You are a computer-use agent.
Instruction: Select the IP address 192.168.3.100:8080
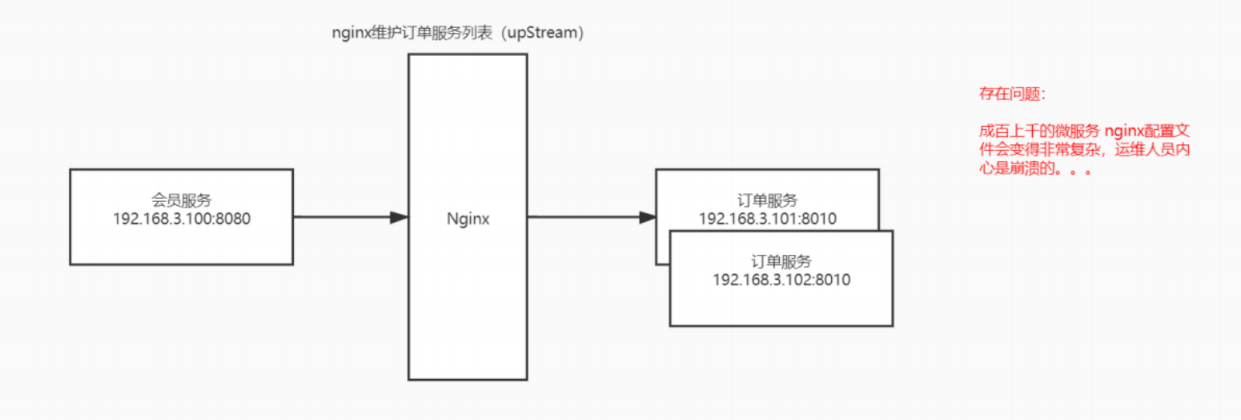pos(182,219)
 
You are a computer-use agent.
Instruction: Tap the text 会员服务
pos(182,200)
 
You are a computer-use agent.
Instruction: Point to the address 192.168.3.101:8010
pos(767,219)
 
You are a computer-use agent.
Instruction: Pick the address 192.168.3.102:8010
pos(781,280)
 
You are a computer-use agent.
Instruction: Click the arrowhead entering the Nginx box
pos(399,217)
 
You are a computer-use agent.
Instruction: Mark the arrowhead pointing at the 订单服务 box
pos(646,217)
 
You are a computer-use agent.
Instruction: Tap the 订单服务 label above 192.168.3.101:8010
pos(767,200)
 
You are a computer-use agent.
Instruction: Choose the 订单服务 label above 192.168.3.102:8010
pos(781,261)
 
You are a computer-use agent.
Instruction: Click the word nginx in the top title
pos(348,34)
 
